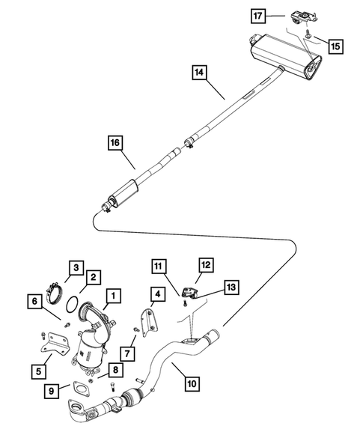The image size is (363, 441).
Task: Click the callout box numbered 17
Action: pyautogui.click(x=257, y=15)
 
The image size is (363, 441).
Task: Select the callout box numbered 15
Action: pyautogui.click(x=335, y=46)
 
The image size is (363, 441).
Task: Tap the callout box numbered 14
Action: pyautogui.click(x=198, y=73)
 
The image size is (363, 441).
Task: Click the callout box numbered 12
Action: pyautogui.click(x=204, y=264)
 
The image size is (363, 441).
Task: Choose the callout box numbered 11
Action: pyautogui.click(x=158, y=266)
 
